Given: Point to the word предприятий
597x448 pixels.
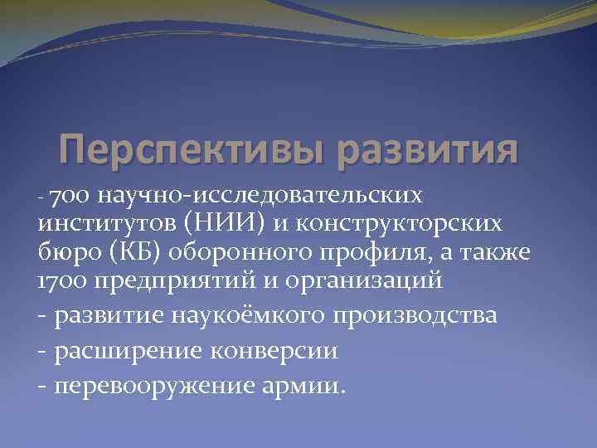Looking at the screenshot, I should [x=177, y=281].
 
